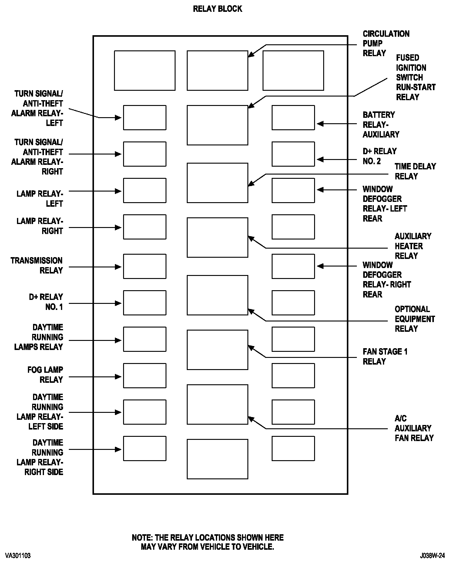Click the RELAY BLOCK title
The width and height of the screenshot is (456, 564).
(217, 9)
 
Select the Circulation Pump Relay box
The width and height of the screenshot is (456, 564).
(217, 70)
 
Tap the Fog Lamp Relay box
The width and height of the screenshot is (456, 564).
(145, 375)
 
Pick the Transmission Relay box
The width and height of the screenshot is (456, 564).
(145, 266)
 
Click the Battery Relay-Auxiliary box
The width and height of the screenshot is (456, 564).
(293, 117)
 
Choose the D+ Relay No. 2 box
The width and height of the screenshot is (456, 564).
(293, 154)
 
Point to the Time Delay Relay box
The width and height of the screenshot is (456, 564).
(217, 183)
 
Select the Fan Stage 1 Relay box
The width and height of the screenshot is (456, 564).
(217, 350)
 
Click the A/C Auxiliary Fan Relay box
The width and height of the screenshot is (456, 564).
(217, 404)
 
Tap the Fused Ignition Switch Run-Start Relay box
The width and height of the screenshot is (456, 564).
(217, 125)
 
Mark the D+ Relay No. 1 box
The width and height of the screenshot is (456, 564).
(145, 303)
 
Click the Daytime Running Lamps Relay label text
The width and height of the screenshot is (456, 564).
(39, 337)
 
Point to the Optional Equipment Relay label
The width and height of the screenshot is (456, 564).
(414, 319)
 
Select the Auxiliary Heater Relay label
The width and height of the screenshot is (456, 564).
(413, 246)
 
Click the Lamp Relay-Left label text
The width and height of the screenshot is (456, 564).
(40, 199)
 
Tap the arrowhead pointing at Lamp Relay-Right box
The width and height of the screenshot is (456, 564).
(119, 228)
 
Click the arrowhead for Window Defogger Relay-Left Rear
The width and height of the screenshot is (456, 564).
(320, 190)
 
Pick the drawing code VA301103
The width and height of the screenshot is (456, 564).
(18, 556)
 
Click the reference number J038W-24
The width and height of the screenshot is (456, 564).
(432, 556)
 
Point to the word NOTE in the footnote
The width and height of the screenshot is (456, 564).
(142, 538)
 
